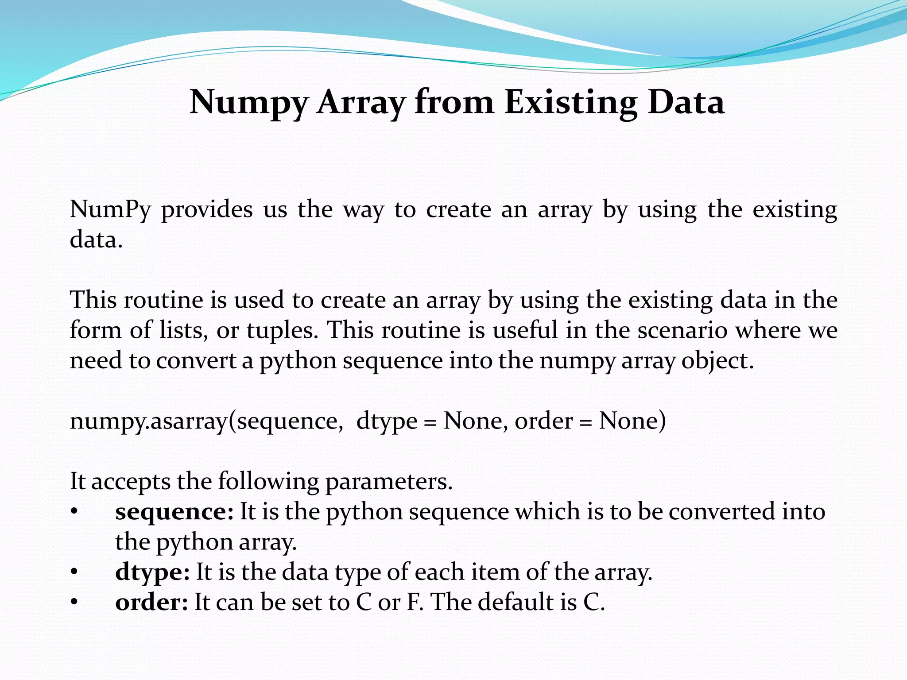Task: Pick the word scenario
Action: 682,330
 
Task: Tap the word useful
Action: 525,330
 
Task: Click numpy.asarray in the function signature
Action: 149,421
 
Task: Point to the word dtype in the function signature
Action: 387,421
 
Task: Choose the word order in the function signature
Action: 544,421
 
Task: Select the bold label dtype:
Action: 152,572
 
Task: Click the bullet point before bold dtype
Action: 74,572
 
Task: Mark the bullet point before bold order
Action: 74,603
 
